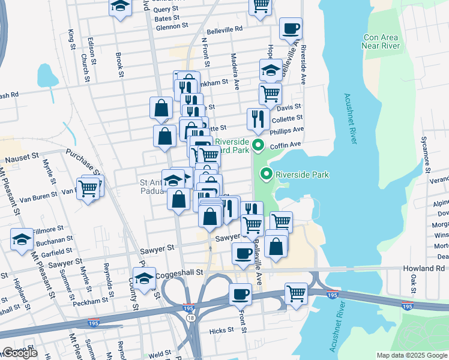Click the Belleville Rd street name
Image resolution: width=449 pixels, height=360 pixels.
tap(224, 29)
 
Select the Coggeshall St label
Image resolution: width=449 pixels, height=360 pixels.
tap(181, 273)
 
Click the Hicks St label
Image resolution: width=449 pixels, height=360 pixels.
tap(221, 330)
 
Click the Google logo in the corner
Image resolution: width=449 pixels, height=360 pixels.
tap(20, 353)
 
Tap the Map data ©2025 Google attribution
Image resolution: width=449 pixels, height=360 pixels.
tap(412, 355)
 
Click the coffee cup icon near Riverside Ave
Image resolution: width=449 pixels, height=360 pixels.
tap(291, 28)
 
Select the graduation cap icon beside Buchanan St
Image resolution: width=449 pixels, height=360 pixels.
tap(22, 239)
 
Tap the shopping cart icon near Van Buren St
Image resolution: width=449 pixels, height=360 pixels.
tap(88, 189)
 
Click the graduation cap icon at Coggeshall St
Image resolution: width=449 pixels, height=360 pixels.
tap(145, 278)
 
